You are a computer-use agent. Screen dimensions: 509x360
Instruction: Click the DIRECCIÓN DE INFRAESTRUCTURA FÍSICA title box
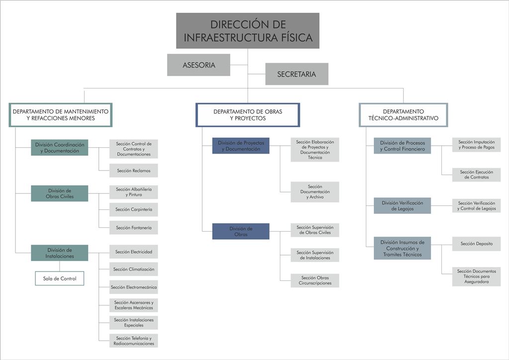[248, 31]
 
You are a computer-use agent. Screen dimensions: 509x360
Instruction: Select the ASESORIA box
[199, 65]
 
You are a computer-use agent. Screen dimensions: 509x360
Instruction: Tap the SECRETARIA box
[297, 74]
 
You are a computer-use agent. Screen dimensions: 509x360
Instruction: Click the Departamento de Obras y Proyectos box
[248, 115]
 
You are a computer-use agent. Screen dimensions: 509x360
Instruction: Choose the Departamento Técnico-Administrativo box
[404, 115]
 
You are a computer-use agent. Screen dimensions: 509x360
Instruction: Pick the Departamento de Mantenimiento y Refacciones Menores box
[61, 115]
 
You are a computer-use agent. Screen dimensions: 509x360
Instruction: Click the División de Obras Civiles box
[60, 193]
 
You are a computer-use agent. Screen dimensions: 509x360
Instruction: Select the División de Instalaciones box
[60, 253]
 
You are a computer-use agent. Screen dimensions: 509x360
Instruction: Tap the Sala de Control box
[60, 278]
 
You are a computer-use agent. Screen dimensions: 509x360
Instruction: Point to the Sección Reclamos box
[134, 171]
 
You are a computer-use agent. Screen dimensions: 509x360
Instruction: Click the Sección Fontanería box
[134, 228]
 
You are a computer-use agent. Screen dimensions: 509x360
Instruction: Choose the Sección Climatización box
[134, 269]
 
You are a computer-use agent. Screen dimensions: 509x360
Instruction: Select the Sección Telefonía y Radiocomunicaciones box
[134, 341]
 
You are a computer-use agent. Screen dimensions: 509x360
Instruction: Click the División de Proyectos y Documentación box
[241, 146]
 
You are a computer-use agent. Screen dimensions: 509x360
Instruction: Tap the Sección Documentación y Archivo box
[315, 192]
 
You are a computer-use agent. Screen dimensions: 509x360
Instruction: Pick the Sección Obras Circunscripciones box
[315, 280]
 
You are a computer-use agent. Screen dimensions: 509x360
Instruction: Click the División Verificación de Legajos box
[403, 205]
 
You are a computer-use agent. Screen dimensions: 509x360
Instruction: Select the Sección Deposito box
[477, 244]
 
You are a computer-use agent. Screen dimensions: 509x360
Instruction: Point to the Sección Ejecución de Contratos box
[477, 175]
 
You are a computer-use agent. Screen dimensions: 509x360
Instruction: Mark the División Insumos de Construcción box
[403, 248]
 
